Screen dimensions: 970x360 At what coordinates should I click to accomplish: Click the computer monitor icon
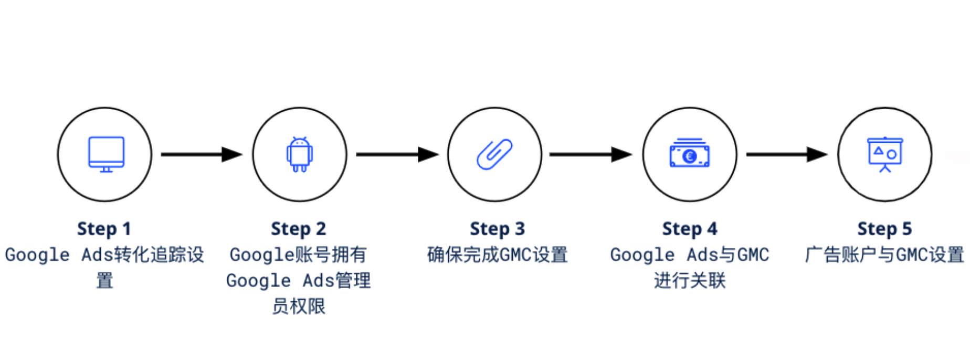coord(106,154)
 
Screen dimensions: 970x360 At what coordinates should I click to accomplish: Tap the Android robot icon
coord(300,154)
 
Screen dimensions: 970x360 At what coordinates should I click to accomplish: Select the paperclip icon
coord(494,154)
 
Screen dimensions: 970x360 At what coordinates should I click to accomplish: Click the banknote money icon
coord(690,153)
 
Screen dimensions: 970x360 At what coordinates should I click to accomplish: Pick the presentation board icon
coord(885,154)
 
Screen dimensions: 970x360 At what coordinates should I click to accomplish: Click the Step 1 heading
coord(104,229)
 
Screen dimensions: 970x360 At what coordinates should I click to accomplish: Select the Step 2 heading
coord(299,229)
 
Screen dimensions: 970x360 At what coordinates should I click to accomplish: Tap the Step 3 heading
coord(497,229)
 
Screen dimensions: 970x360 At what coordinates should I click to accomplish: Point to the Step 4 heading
coord(690,229)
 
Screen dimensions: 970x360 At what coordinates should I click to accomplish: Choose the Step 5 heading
coord(884,229)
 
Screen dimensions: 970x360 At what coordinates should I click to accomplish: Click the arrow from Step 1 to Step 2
coord(202,154)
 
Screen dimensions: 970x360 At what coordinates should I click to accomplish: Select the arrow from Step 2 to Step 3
coord(397,154)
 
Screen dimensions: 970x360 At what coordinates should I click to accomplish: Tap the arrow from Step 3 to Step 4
coord(591,154)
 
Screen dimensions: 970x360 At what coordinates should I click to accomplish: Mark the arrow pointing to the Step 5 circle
coord(787,154)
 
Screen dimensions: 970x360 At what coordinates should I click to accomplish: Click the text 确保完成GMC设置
coord(498,255)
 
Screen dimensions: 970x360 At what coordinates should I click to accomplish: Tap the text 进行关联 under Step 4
coord(690,281)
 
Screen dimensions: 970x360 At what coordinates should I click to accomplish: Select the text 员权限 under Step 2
coord(299,306)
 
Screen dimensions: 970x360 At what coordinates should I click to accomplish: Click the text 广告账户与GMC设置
coord(884,255)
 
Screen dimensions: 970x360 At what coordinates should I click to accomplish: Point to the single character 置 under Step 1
coord(104,281)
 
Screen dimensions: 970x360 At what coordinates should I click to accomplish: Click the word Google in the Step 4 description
coord(642,255)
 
